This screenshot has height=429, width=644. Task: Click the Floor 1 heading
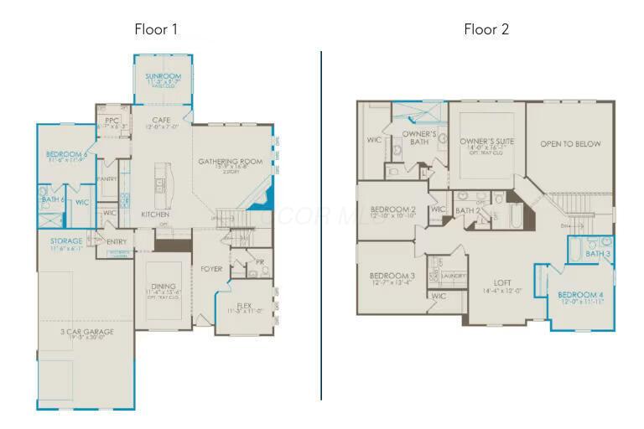point(156,29)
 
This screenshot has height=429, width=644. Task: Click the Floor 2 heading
point(486,29)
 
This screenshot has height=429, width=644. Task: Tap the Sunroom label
point(163,76)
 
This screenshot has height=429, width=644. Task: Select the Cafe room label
point(161,121)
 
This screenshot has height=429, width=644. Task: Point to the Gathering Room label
point(230,162)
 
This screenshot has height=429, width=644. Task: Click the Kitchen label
point(155,214)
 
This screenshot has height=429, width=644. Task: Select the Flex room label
point(244,305)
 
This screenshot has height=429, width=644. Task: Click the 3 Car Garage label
point(87,332)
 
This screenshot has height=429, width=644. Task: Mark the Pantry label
point(107,179)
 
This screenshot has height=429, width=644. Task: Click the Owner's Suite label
point(486,142)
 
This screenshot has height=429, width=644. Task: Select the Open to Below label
point(570,144)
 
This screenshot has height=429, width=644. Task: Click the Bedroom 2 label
point(392,209)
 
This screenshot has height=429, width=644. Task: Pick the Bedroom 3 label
point(392,276)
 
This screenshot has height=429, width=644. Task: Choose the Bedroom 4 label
point(580,295)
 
